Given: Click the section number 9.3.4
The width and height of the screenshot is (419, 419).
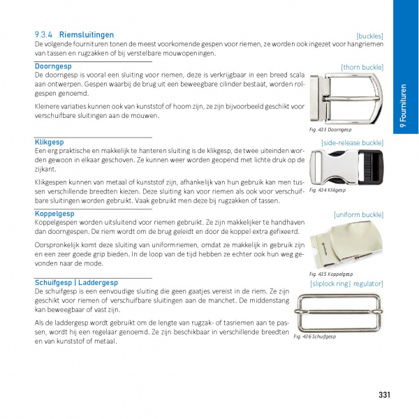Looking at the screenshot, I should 45,34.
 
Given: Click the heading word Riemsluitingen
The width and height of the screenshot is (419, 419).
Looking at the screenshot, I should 87,34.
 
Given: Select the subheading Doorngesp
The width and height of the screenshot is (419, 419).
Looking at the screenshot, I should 54,66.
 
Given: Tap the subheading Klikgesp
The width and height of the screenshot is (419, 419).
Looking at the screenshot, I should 49,142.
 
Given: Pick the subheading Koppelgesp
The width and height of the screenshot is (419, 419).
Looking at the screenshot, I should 54,213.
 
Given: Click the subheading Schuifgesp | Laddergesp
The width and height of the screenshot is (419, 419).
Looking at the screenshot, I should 76,282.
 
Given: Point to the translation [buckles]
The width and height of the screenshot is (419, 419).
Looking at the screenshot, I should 369,36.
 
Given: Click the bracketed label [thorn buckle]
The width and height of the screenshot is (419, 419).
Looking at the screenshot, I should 362,67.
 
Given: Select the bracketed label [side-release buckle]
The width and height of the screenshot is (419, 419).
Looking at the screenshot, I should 352,142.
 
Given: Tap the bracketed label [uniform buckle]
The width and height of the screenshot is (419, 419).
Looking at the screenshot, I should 358,214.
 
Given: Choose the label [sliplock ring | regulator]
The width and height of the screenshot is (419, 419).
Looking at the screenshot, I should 346,284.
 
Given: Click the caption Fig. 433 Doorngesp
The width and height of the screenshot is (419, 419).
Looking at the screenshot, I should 330,130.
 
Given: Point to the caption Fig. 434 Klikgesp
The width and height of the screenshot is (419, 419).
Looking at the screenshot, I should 328,190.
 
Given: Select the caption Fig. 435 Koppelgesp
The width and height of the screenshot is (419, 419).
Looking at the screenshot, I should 330,274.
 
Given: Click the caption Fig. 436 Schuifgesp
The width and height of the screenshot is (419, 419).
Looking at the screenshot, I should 315,337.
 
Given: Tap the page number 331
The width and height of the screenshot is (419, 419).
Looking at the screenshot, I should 383,395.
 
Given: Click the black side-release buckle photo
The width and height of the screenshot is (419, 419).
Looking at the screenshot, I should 346,166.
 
